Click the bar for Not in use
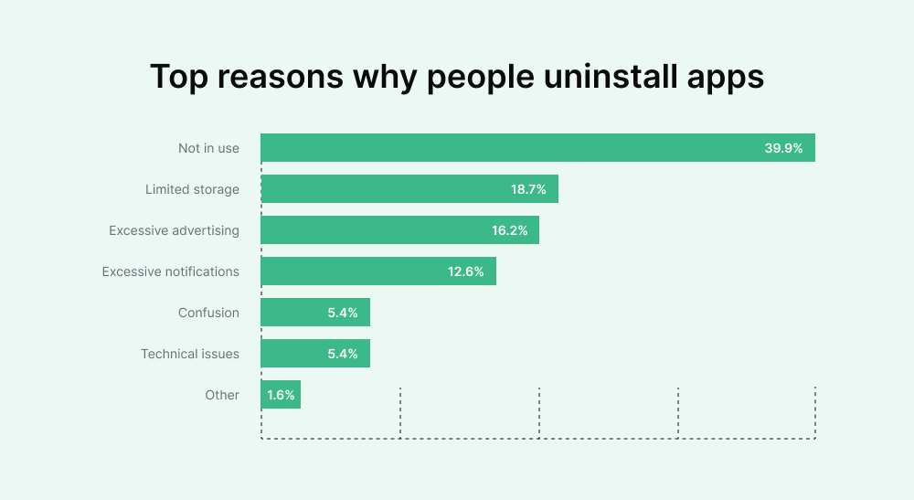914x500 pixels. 512,148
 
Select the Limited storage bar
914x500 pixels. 384,189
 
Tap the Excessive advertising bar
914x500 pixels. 375,230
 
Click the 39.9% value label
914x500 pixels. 783,148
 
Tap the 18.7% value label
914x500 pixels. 528,189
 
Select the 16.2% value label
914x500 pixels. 510,230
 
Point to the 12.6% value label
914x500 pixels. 466,271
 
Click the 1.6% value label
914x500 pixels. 280,395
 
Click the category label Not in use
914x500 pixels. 208,148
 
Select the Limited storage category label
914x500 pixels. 192,189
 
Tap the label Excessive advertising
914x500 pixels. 174,230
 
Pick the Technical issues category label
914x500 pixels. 190,354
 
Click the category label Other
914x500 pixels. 222,395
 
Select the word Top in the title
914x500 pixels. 179,78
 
